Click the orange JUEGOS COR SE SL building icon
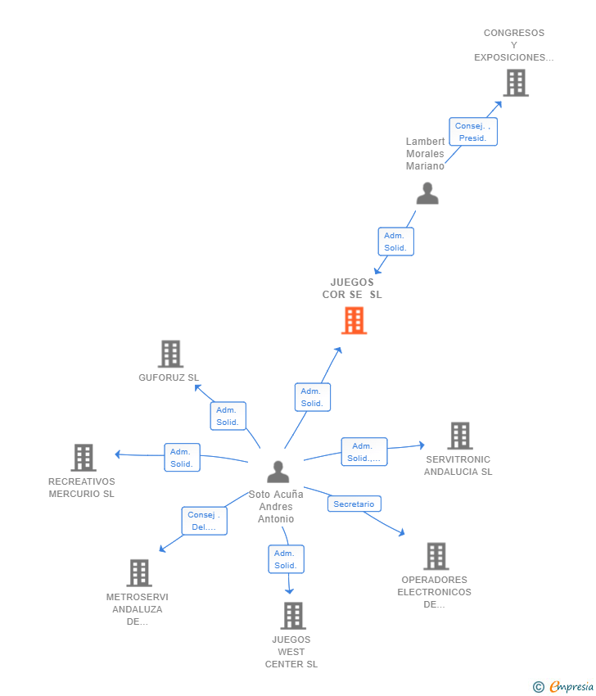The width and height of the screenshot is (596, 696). [x=354, y=320]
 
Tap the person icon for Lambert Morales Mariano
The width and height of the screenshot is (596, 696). [x=427, y=193]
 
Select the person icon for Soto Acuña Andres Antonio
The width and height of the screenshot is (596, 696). [x=278, y=472]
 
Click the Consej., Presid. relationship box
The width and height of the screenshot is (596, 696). [x=473, y=132]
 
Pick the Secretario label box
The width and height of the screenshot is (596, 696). [x=354, y=504]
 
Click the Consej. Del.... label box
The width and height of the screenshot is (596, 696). [x=204, y=521]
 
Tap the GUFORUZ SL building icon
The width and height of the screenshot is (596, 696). [x=170, y=354]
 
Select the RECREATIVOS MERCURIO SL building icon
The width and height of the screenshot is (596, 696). [x=83, y=458]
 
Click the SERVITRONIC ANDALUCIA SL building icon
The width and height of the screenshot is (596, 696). [x=459, y=436]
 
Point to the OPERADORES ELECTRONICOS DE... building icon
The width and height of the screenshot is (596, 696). [x=436, y=556]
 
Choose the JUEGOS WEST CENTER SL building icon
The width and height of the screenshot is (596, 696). [x=292, y=616]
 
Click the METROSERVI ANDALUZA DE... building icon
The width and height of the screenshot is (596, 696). [x=139, y=573]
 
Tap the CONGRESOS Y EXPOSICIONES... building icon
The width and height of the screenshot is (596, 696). [x=515, y=83]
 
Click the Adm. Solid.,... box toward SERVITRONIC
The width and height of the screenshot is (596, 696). [x=363, y=452]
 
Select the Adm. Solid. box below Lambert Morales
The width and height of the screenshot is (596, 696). [x=395, y=242]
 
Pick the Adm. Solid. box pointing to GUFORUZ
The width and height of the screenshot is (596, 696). [x=228, y=416]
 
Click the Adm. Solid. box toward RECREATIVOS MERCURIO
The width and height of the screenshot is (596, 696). [x=182, y=458]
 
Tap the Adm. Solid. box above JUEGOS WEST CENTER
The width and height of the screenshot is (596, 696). [x=286, y=559]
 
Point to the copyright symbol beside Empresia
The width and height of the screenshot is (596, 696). [x=539, y=687]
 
